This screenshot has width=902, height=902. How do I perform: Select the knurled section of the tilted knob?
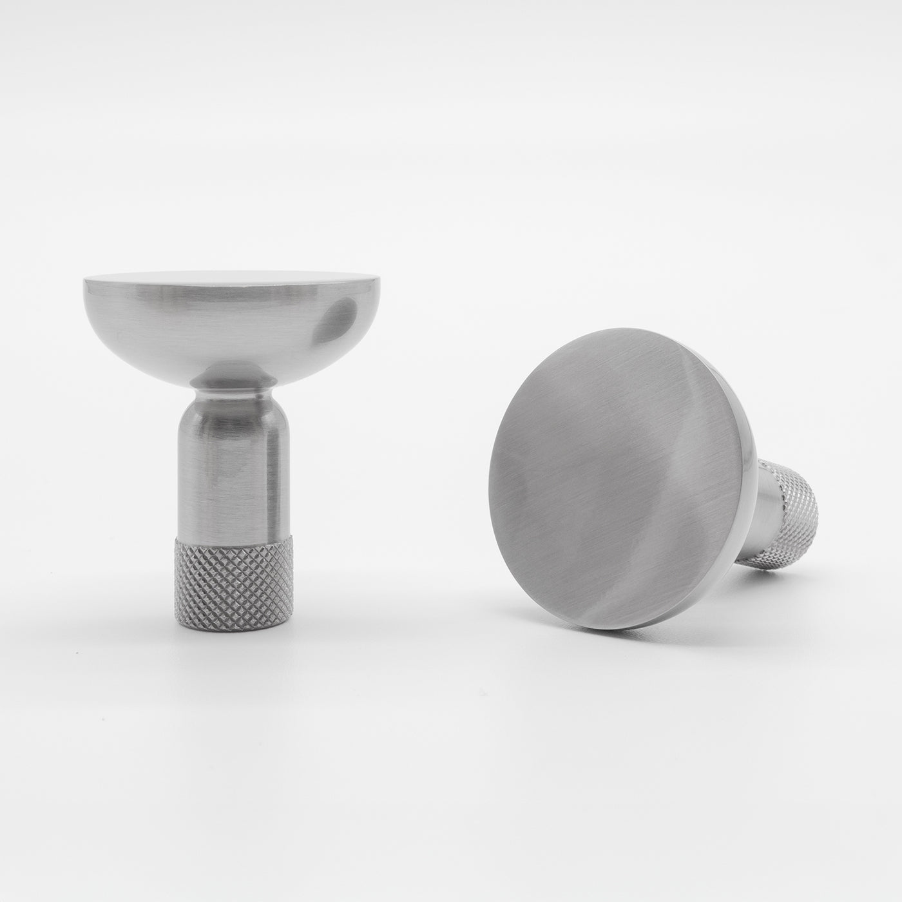[789, 509]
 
